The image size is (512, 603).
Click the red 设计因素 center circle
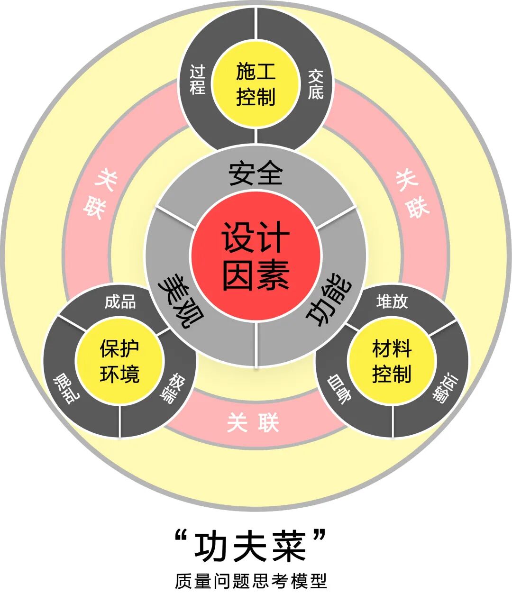click(x=256, y=256)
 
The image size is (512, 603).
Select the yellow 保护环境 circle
click(x=119, y=361)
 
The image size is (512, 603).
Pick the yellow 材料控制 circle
click(x=392, y=361)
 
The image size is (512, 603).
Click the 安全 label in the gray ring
click(x=256, y=174)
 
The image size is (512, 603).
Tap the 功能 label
click(x=330, y=302)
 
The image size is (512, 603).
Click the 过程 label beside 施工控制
click(x=197, y=80)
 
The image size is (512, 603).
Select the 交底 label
click(x=315, y=84)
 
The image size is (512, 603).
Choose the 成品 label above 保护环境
click(x=120, y=302)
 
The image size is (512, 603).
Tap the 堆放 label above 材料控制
click(x=392, y=301)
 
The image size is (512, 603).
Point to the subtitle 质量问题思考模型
click(x=251, y=581)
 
